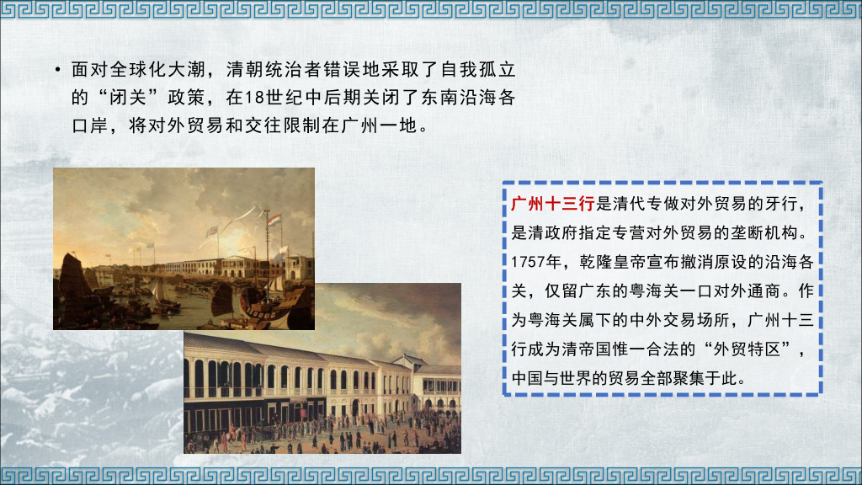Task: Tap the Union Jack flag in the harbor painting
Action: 212,228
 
